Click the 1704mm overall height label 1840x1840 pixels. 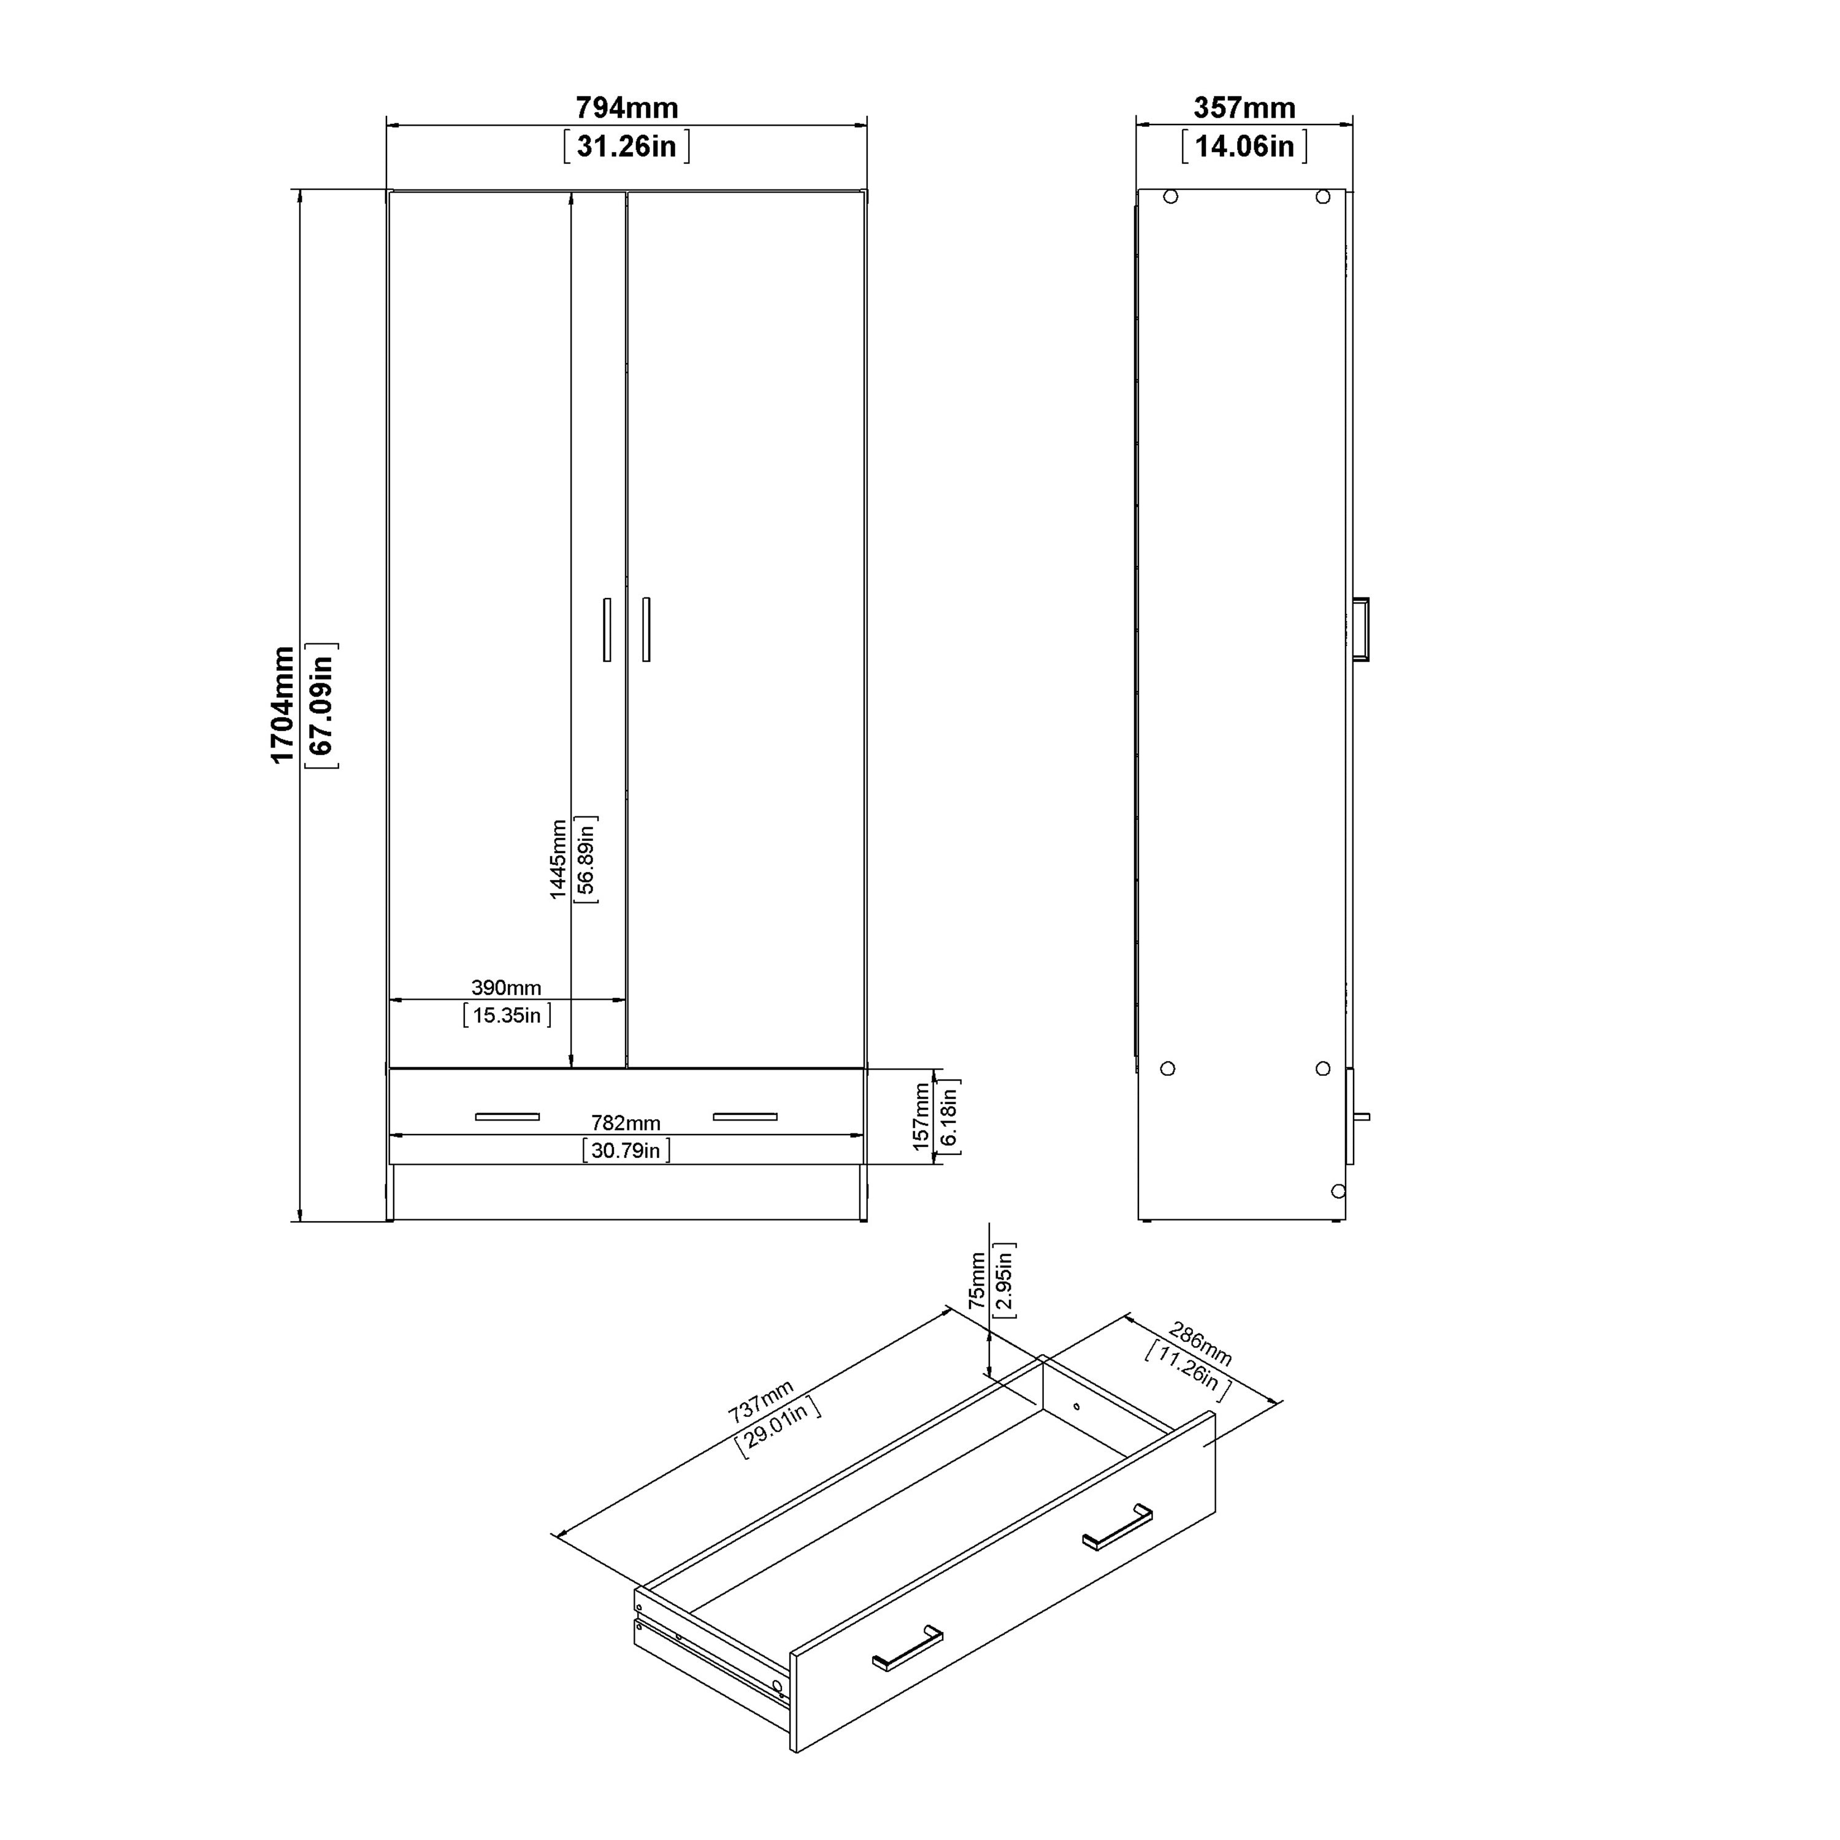click(283, 704)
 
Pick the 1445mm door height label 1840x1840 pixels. click(558, 859)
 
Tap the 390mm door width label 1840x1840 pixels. click(506, 987)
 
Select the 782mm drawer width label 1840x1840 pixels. click(625, 1123)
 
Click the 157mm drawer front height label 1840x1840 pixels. click(921, 1116)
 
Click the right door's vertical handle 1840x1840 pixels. click(646, 629)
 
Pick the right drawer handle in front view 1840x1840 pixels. click(745, 1116)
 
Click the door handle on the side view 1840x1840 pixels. click(1362, 629)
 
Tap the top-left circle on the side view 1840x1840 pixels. click(1170, 196)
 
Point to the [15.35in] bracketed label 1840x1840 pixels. click(507, 1015)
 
